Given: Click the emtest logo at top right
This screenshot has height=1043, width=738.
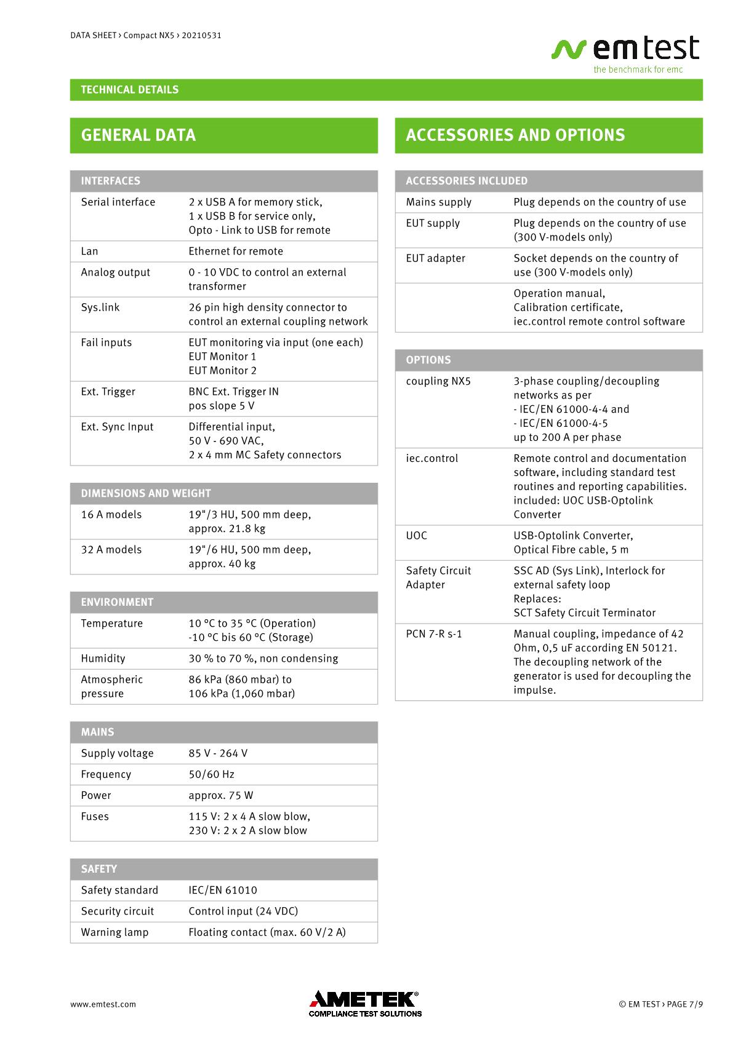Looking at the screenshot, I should [x=625, y=53].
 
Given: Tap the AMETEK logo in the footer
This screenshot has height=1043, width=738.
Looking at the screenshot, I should [x=365, y=1004].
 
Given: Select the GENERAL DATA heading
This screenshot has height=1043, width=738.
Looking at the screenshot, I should [x=138, y=135].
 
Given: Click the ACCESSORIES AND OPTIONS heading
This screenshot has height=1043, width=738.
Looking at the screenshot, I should [x=515, y=135].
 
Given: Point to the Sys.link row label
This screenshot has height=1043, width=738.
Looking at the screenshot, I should [x=100, y=307].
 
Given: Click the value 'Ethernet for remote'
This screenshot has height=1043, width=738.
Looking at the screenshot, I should [x=236, y=251].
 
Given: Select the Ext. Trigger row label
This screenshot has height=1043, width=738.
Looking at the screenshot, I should [x=108, y=392].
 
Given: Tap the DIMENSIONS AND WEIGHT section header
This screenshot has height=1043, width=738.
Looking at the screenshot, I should [x=146, y=493].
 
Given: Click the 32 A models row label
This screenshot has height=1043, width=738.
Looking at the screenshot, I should [x=111, y=550].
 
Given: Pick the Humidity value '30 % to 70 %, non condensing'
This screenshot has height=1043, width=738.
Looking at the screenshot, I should [x=263, y=659].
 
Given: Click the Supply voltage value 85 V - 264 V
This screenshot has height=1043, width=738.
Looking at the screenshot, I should [x=218, y=753].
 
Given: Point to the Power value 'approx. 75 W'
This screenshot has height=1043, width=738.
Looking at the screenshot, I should [x=221, y=795].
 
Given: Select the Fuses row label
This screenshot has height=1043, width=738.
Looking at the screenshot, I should [x=95, y=817].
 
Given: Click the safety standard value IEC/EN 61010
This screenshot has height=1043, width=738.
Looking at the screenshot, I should [x=223, y=890].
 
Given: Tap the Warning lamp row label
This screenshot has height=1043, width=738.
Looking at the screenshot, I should [x=114, y=932].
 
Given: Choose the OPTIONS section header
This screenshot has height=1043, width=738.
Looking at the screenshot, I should [x=428, y=360].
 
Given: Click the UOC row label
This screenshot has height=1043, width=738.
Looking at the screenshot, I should [x=416, y=536].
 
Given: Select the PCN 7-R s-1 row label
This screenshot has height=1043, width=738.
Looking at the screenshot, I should [x=434, y=634].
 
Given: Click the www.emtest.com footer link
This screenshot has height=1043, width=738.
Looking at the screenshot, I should [x=103, y=1004].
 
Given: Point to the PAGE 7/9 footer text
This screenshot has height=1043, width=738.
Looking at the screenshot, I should [x=684, y=1004].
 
